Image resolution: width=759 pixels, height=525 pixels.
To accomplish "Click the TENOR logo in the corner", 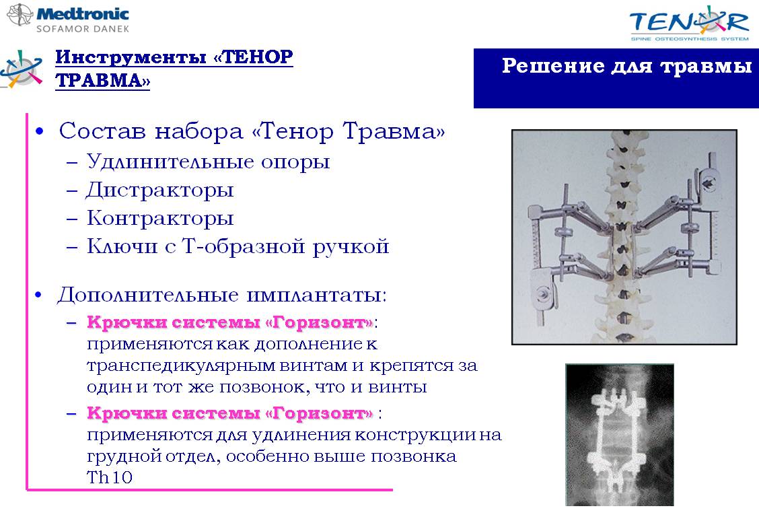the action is [x=689, y=23].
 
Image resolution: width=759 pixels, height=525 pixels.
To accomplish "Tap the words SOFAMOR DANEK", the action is [x=83, y=28].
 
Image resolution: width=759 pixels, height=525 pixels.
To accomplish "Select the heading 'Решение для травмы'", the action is [x=627, y=65].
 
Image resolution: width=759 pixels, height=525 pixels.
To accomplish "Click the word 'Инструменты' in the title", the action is [x=131, y=58].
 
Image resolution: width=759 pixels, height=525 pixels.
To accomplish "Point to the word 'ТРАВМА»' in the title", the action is [x=103, y=80].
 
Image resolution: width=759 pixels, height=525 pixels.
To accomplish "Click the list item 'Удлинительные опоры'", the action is [x=208, y=162].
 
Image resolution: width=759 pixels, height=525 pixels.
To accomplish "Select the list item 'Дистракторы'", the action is [x=159, y=190].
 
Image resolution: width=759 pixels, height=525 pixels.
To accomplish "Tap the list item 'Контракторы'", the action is [x=160, y=218].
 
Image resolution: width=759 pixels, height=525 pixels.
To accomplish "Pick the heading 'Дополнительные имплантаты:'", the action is [x=222, y=294].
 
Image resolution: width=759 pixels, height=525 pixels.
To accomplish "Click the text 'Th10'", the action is [x=110, y=477].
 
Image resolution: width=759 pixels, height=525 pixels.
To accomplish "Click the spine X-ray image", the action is [x=620, y=435].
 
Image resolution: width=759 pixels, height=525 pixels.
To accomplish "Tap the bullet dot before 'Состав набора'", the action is [x=40, y=131].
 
